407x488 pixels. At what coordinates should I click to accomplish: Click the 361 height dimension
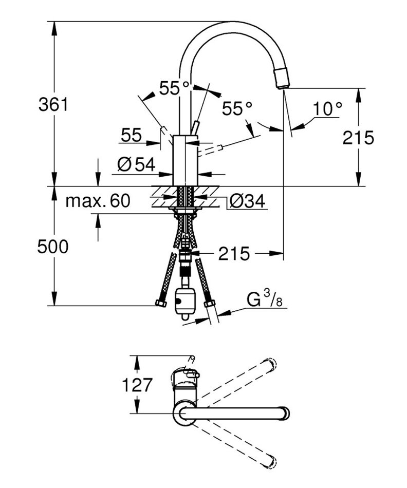53,104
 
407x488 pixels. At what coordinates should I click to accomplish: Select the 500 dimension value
52,247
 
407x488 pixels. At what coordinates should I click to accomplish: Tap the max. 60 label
98,201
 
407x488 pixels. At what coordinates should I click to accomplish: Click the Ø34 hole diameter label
247,201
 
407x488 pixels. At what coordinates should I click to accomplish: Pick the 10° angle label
328,109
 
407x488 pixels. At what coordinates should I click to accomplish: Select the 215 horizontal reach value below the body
233,253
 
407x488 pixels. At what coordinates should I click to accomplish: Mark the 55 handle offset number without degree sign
131,136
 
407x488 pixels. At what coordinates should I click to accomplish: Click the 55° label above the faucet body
174,88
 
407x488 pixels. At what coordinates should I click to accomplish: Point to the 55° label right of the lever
237,108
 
